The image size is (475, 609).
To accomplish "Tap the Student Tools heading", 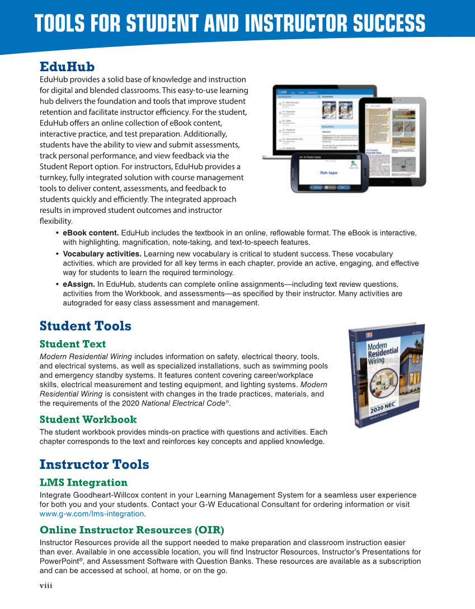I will [x=85, y=326].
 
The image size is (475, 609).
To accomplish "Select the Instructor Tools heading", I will [x=94, y=464].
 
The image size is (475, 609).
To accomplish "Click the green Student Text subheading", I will [x=72, y=343].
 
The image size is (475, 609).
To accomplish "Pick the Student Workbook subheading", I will [x=88, y=419].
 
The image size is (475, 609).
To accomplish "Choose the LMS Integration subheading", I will [x=83, y=482].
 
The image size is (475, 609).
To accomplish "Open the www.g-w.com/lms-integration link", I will [x=92, y=514].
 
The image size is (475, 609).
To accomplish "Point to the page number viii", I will [x=46, y=585].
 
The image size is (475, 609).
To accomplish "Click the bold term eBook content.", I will [x=91, y=233].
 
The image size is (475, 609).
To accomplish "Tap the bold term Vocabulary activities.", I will [x=102, y=254].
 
